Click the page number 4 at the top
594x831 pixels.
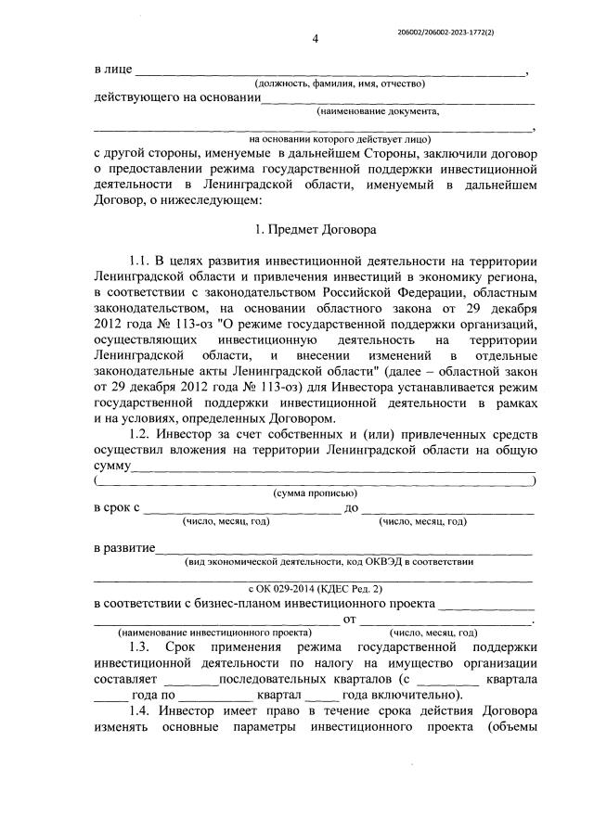(x=315, y=38)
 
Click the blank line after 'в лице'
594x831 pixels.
(x=330, y=70)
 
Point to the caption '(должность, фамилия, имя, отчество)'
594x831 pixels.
(x=341, y=83)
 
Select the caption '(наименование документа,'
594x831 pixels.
(x=377, y=111)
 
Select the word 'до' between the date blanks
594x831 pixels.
(x=352, y=507)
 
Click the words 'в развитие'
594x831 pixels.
(x=124, y=548)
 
